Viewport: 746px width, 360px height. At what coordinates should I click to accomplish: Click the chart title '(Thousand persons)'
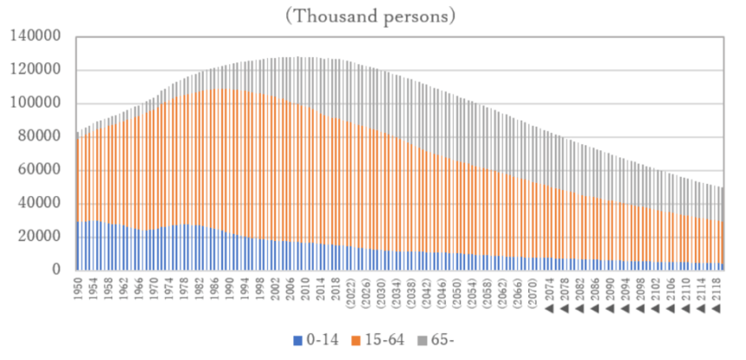click(x=374, y=15)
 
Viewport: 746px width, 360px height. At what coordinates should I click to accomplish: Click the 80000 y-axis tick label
click(x=39, y=137)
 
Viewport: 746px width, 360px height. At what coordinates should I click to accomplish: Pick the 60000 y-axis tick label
click(x=39, y=170)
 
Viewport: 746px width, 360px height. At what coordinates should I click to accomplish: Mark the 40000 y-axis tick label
click(x=39, y=203)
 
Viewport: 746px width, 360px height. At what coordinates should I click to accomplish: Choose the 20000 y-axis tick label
click(x=39, y=237)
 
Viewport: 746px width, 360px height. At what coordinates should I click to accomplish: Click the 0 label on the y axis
click(x=57, y=270)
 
